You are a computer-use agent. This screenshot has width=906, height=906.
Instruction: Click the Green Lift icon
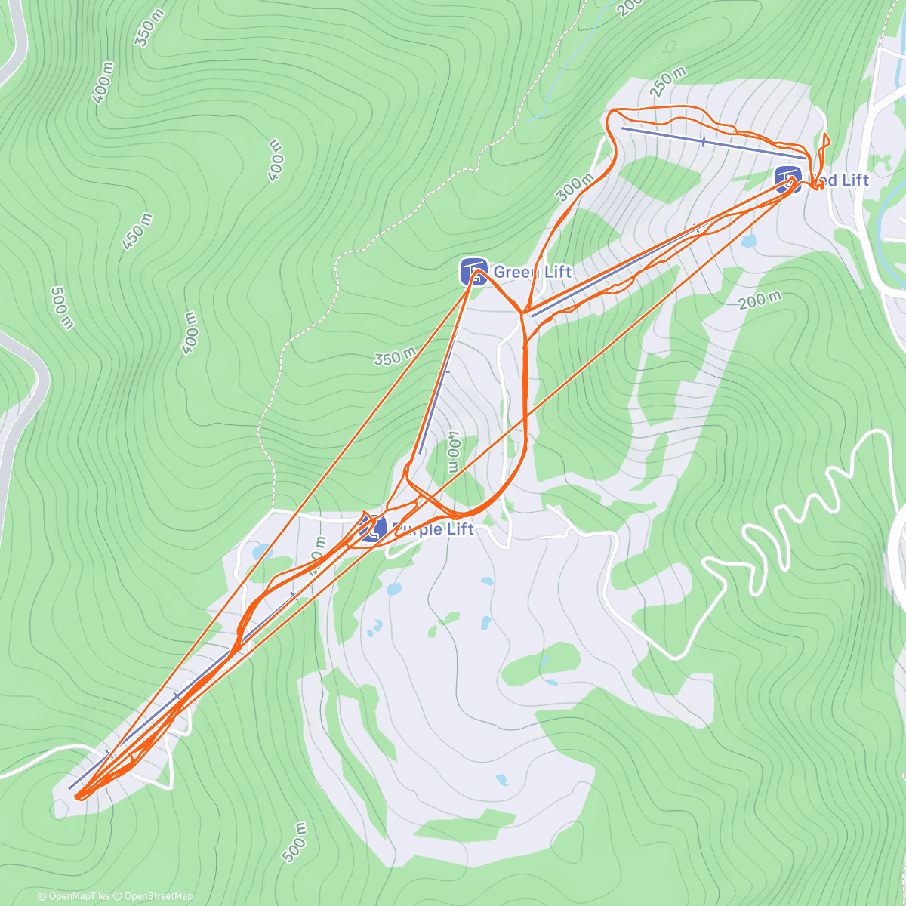pos(473,271)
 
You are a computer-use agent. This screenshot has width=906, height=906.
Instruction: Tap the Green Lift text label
pos(532,272)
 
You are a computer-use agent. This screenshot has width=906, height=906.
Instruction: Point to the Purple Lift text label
pos(432,529)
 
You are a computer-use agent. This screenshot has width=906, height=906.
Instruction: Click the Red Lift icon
pos(788,180)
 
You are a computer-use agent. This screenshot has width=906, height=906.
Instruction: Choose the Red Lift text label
pos(840,180)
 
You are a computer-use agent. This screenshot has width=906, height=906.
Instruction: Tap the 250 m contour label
pos(667,82)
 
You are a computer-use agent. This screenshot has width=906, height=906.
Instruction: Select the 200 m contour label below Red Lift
pos(760,300)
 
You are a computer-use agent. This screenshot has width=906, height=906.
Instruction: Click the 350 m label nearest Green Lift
pos(395,355)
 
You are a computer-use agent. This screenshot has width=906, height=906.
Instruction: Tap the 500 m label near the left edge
pos(63,307)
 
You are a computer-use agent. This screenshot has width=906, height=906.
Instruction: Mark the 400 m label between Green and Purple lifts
pos(453,451)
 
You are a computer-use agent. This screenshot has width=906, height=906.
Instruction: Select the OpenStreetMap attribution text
pos(154,896)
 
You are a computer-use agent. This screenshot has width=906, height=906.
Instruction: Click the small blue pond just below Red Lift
pos(748,242)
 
